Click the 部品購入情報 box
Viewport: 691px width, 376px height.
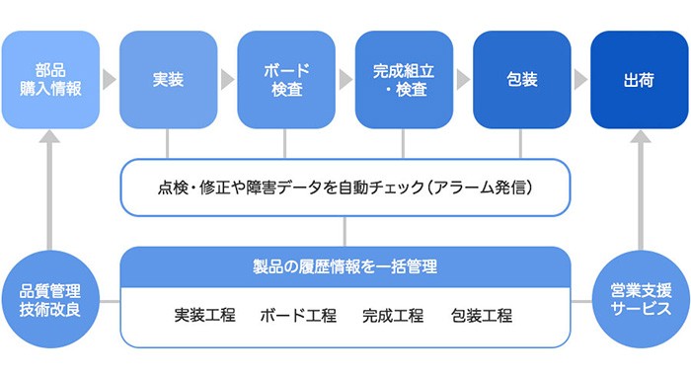coord(50,80)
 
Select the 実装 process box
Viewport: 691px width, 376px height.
coord(168,80)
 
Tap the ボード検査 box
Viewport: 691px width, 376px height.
coord(286,80)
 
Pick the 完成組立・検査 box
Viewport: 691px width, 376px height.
coord(404,80)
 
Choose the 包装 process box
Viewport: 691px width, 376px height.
coord(522,80)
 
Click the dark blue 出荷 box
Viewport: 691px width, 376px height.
coord(640,80)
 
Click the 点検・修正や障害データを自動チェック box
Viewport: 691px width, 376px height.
coord(345,186)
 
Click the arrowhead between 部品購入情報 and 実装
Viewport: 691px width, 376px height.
coord(110,80)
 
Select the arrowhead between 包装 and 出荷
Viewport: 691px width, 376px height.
coord(580,80)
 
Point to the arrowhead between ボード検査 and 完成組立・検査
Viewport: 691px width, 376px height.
coord(345,80)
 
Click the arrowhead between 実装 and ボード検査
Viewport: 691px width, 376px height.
coord(227,80)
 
